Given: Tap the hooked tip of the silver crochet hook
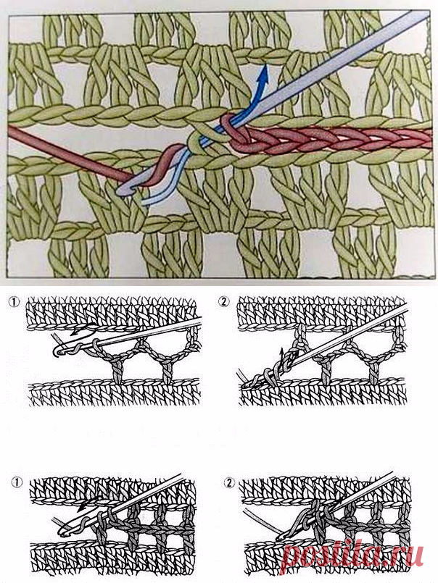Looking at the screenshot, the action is point(121,190).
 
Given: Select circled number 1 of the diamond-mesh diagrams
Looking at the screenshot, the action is point(14,301).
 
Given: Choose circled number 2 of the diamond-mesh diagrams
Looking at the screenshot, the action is point(223,301).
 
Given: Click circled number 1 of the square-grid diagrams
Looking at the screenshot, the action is point(17,482).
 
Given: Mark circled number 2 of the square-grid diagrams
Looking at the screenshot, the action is point(229,482).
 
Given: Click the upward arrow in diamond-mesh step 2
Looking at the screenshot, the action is point(282,357).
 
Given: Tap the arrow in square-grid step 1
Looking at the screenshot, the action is point(89,503).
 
